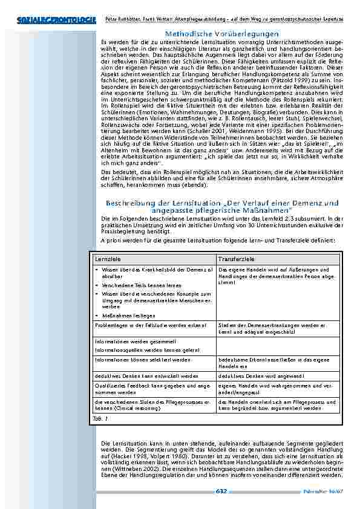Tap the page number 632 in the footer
point(221,491)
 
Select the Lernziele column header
point(106,258)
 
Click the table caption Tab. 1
point(100,418)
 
